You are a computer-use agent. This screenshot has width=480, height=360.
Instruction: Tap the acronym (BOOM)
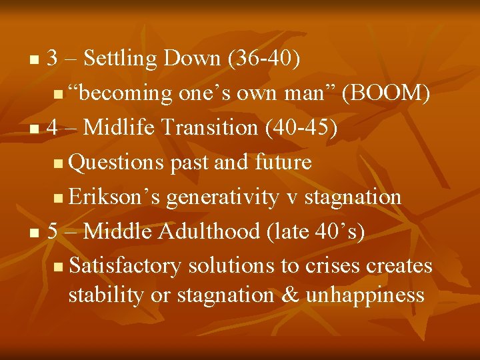coord(385,93)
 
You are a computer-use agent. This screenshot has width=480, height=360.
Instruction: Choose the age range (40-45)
coord(301,128)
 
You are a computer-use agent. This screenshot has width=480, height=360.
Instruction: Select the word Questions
coord(117,162)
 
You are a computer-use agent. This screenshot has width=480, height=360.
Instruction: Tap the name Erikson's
coord(115,197)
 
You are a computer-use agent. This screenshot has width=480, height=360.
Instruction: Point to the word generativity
coord(222,197)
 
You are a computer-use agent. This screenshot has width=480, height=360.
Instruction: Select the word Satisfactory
coord(125,265)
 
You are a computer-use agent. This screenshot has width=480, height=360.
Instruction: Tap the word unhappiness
coord(365,295)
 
